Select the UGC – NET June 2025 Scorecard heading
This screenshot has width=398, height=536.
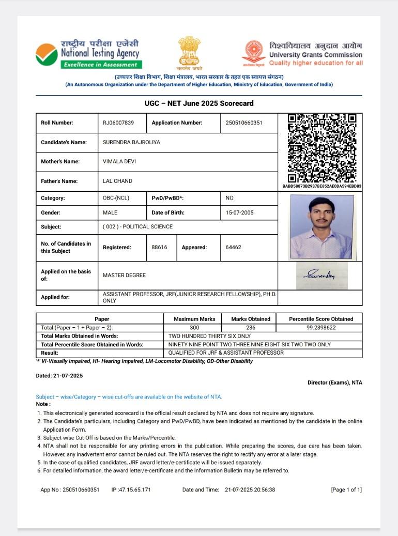[199, 103]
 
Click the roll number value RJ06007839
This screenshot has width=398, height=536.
[118, 123]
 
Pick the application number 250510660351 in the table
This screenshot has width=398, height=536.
[244, 123]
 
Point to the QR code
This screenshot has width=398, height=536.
[322, 148]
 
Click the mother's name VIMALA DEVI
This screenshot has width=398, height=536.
[117, 162]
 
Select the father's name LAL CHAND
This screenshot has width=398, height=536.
[117, 181]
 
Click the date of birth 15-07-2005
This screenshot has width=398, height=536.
[240, 212]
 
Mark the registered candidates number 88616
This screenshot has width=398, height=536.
[159, 248]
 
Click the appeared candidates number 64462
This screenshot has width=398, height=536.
[233, 248]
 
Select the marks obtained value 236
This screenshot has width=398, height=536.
[250, 328]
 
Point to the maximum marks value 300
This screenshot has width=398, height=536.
[194, 328]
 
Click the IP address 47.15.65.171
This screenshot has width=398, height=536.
[131, 490]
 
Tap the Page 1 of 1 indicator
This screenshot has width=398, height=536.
[346, 490]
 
